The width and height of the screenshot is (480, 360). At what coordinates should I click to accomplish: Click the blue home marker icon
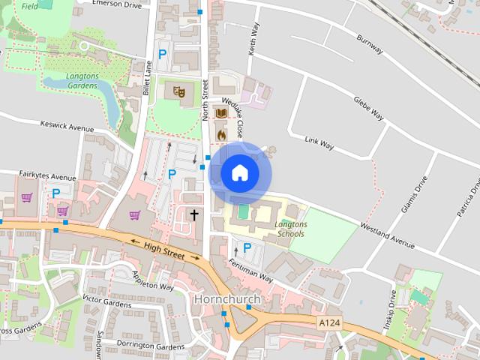click(x=239, y=173)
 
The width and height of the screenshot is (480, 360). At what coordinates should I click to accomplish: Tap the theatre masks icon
click(x=178, y=91)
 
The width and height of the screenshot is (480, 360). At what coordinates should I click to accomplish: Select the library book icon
click(x=221, y=113)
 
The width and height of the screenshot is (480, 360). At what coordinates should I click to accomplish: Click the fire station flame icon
click(x=221, y=133)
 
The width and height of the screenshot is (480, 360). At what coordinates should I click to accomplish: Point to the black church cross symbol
click(x=194, y=215)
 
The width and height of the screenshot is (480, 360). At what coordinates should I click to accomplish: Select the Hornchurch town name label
click(x=226, y=299)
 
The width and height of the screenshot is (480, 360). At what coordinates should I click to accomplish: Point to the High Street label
click(x=163, y=250)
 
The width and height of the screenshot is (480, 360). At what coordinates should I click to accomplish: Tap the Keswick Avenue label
click(x=67, y=128)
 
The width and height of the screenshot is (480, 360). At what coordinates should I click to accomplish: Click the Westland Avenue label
click(x=388, y=234)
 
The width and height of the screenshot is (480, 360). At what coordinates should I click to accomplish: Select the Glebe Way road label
click(x=367, y=109)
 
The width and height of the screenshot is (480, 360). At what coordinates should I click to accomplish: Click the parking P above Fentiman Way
click(x=247, y=247)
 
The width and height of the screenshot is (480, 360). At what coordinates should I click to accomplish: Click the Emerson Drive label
click(x=115, y=5)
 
